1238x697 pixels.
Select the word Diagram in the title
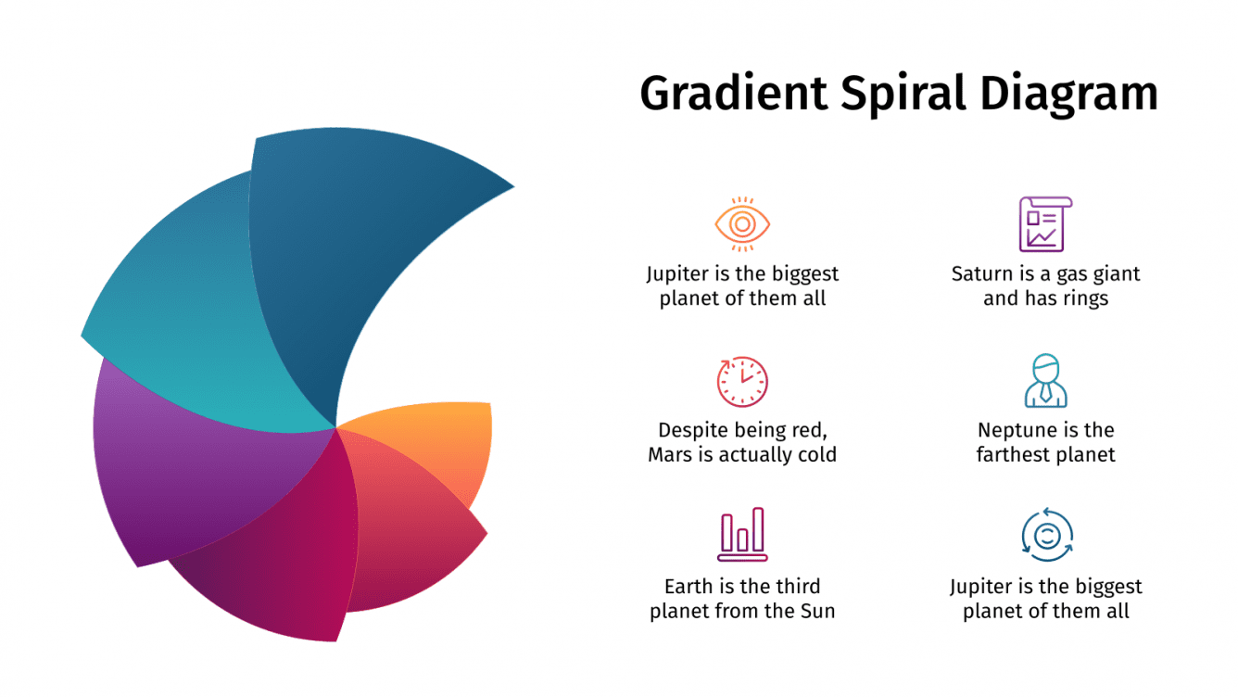point(1068,95)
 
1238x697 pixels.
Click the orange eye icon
point(742,223)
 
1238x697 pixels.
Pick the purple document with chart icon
point(1045,223)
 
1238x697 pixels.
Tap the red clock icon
point(742,382)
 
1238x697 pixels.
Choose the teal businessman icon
point(1045,381)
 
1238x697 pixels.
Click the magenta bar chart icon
point(742,535)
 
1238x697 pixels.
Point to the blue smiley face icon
point(1046,535)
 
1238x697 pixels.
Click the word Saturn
point(980,274)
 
